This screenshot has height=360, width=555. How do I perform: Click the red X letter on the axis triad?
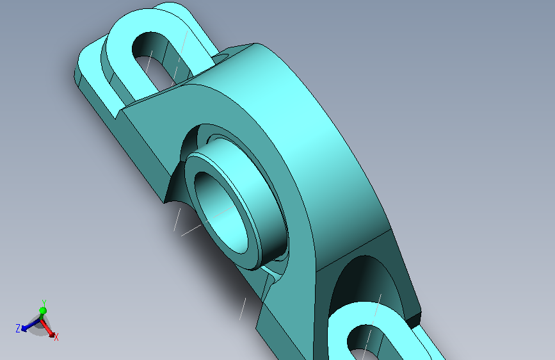56,336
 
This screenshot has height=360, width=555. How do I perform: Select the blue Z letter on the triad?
18,329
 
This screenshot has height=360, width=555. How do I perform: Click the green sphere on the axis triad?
42,311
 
